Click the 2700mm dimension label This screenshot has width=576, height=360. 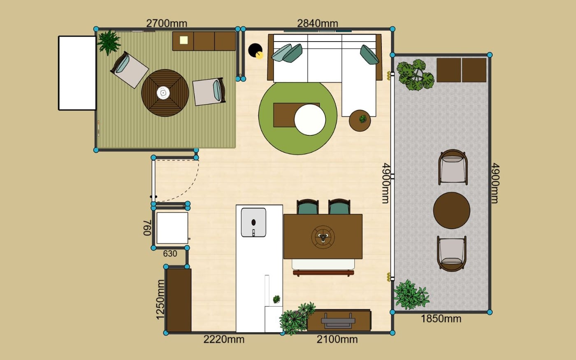click(167, 23)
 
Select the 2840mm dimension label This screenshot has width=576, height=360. click(318, 23)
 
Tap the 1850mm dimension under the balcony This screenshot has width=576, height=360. click(441, 319)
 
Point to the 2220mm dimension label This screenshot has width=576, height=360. click(224, 339)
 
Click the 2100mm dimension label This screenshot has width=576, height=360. click(337, 339)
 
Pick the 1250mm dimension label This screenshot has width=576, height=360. click(160, 300)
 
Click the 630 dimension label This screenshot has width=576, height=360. click(170, 254)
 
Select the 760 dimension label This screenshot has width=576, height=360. click(147, 228)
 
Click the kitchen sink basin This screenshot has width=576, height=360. click(253, 223)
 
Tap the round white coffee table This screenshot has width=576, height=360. click(310, 120)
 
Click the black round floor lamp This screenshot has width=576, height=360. click(255, 50)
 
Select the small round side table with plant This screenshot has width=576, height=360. click(360, 121)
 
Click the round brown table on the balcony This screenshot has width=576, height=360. click(452, 210)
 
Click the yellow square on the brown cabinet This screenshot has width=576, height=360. click(183, 40)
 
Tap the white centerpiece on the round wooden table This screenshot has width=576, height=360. click(163, 93)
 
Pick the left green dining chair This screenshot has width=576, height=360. click(308, 207)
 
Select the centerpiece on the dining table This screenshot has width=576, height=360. click(323, 237)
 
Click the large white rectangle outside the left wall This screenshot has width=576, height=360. click(77, 73)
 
